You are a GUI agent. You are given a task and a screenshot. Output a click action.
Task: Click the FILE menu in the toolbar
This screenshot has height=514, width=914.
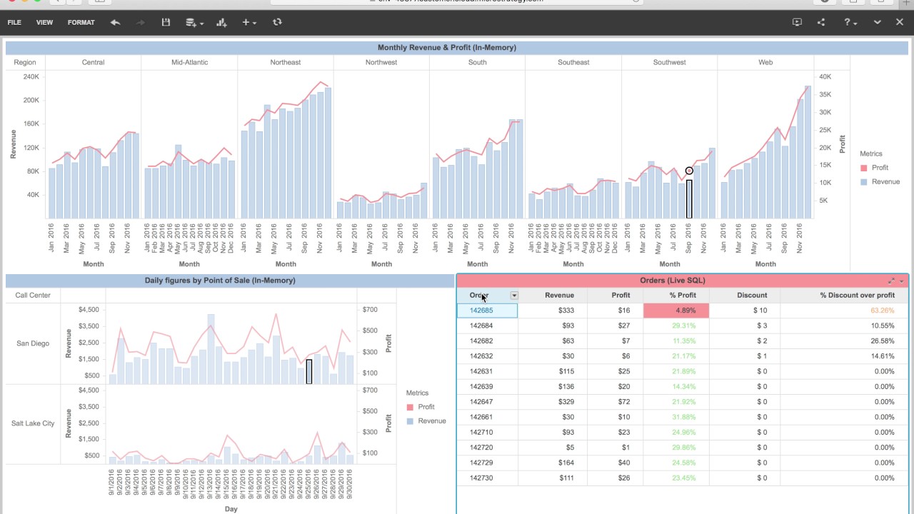click(x=14, y=23)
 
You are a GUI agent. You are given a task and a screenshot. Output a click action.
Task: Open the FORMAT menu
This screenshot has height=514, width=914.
click(x=81, y=23)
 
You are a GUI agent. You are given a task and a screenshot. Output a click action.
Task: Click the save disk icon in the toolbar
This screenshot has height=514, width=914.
click(x=166, y=23)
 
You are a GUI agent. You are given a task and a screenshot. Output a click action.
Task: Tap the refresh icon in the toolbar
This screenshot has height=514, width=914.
click(x=277, y=23)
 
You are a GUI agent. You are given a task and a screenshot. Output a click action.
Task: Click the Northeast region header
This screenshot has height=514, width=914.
click(x=286, y=63)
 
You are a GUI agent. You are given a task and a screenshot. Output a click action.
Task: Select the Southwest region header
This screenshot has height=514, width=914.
click(x=669, y=63)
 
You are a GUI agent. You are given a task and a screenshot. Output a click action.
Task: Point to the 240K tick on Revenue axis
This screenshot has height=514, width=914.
click(x=31, y=77)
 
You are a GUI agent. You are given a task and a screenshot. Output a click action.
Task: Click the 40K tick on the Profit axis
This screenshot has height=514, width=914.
click(x=825, y=77)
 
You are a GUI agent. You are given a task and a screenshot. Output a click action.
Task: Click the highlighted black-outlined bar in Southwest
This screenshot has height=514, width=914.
click(x=689, y=199)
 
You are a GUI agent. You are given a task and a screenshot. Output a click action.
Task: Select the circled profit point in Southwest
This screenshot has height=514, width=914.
click(x=689, y=171)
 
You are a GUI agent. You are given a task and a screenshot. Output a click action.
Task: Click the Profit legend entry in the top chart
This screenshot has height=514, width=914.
click(x=880, y=168)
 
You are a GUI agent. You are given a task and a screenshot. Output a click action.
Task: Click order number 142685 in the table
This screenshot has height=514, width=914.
click(x=481, y=311)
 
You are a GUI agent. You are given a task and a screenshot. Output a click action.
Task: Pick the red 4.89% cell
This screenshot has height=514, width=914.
click(x=676, y=311)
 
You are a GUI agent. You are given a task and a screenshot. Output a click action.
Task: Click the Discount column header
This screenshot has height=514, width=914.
click(x=752, y=296)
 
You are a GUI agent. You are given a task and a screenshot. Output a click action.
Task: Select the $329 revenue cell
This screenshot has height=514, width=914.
click(x=566, y=402)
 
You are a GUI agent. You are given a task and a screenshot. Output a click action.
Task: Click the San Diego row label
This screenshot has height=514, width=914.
click(x=33, y=343)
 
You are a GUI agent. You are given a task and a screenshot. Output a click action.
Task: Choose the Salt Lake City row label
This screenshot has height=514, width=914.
click(x=33, y=423)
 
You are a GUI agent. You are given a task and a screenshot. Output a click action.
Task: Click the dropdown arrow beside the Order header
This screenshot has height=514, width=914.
click(x=513, y=296)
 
